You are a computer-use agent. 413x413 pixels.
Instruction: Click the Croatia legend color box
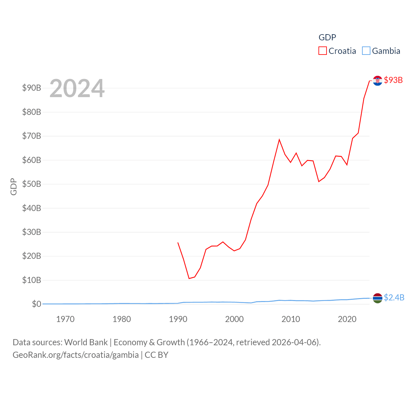pos(322,51)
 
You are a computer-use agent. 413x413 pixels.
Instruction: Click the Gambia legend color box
pos(366,51)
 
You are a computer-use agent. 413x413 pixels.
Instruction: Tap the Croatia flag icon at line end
pos(378,81)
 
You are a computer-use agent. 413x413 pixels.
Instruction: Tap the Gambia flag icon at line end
pos(378,298)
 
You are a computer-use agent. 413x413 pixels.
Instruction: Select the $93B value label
pos(393,80)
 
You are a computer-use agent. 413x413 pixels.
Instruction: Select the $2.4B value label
pos(394,297)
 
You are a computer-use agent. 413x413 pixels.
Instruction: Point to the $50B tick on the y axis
pos(32,184)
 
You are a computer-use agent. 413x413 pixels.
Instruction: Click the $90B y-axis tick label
pos(32,88)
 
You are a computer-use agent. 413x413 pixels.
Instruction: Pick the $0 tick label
pos(36,304)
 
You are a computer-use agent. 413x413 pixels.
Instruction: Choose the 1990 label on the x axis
pos(178,319)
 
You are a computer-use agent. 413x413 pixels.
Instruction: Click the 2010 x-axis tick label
pos(291,319)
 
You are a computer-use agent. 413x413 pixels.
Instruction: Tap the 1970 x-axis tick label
pos(65,319)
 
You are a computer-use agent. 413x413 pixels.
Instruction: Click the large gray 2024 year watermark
pos(77,88)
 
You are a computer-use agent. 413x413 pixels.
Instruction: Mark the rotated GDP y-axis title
pos(14,186)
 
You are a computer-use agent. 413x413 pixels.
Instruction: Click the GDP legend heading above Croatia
pos(327,37)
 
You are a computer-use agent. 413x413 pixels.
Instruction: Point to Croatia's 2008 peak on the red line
pos(279,139)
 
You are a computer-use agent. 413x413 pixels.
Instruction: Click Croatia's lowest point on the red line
pos(189,278)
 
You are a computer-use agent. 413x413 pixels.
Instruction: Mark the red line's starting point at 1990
pos(178,243)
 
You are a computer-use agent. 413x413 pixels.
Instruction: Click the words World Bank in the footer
pos(86,342)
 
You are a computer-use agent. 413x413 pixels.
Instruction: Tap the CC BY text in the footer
pos(156,355)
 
